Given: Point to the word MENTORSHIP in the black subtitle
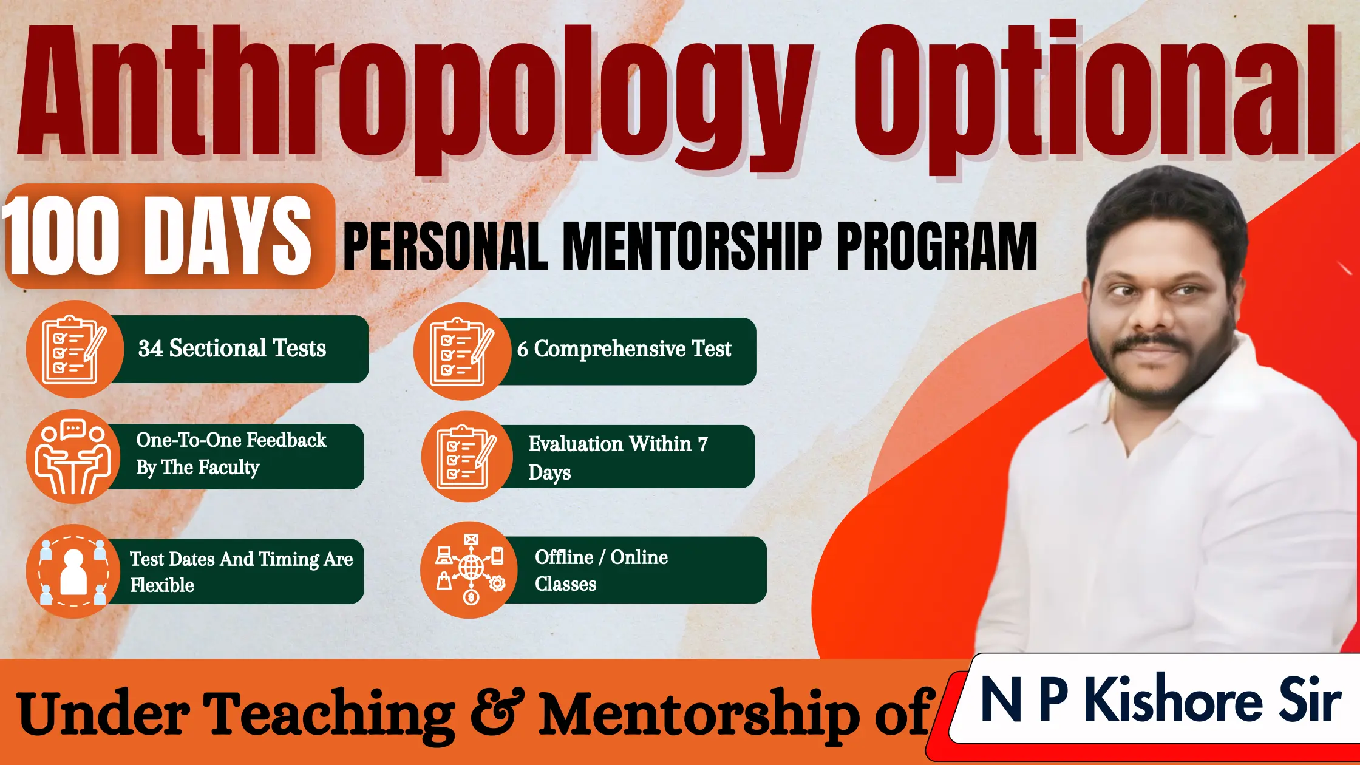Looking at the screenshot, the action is (x=692, y=245).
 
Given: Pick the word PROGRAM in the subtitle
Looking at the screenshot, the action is (x=937, y=245).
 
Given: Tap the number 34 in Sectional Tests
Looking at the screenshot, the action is (x=151, y=348).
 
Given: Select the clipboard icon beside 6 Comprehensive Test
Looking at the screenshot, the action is (x=461, y=352).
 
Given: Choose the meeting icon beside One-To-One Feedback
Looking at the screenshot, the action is (x=73, y=457).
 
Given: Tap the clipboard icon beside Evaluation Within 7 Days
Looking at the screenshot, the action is (x=467, y=457).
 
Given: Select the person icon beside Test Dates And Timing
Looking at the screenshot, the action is (x=73, y=571).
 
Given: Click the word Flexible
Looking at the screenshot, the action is (x=162, y=585).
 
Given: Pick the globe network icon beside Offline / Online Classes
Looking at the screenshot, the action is (x=471, y=569).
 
